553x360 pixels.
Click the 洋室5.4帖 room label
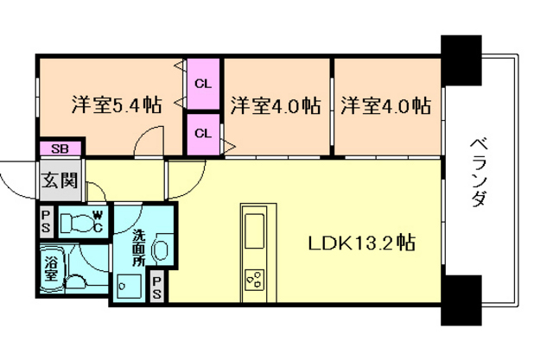point(117,104)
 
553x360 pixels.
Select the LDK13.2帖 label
point(361,243)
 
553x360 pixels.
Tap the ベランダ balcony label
point(479,173)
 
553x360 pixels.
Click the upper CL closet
point(204,84)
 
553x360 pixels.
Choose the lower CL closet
point(204,134)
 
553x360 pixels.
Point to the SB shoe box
point(60,148)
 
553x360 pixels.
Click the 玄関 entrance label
point(60,180)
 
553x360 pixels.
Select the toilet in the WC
point(76,222)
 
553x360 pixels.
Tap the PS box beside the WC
point(46,221)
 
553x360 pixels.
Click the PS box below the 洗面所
point(157,287)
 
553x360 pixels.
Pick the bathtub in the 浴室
point(53,269)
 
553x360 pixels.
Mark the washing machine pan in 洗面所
point(129,287)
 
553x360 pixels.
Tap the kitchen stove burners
point(255,280)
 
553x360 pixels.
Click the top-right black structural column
point(461,60)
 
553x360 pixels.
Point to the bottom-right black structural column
point(461,300)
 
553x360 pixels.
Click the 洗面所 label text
point(138,248)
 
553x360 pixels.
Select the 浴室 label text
point(51,268)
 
